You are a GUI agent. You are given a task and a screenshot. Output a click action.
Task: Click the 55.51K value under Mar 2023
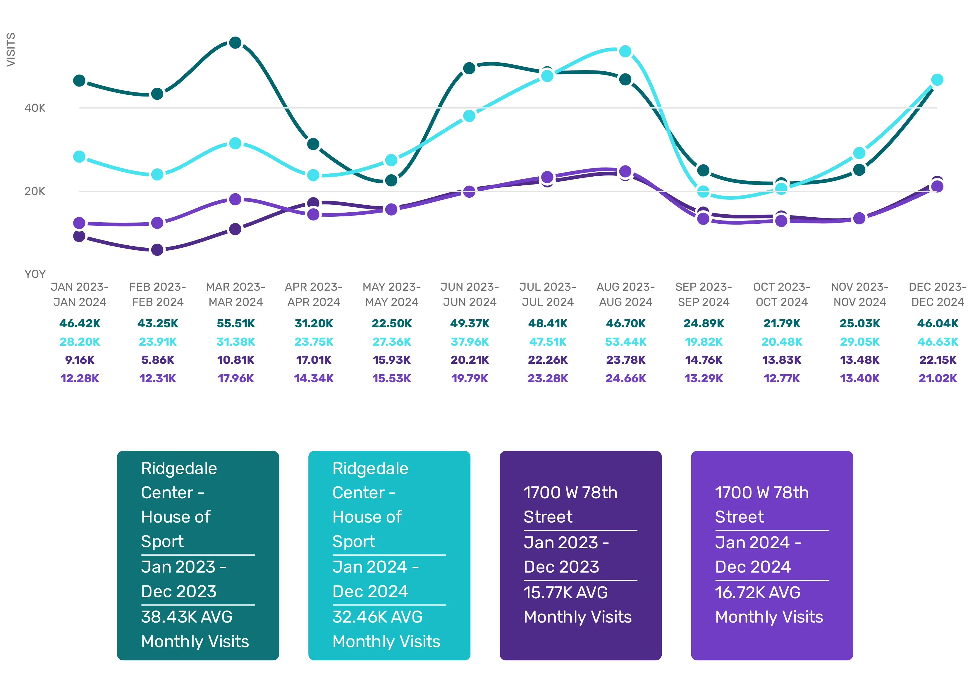235,323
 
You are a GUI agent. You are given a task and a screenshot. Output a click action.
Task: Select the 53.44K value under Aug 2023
626,342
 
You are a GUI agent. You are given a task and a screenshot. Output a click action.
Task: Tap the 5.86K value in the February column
157,360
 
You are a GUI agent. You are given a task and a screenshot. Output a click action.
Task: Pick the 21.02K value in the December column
938,378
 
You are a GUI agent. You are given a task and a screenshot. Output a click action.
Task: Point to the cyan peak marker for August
625,51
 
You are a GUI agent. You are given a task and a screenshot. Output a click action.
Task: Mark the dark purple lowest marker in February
157,250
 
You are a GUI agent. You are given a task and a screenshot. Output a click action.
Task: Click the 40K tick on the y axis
35,108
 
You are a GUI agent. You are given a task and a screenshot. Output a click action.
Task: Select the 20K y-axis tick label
35,192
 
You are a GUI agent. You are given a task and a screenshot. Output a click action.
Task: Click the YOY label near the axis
35,274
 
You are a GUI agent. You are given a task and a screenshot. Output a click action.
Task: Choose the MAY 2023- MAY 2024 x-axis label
391,294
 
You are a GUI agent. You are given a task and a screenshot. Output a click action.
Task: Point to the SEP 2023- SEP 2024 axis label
704,294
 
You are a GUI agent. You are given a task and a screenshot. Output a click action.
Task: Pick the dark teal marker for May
391,180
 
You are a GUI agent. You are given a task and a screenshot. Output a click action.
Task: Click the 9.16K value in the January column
80,360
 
